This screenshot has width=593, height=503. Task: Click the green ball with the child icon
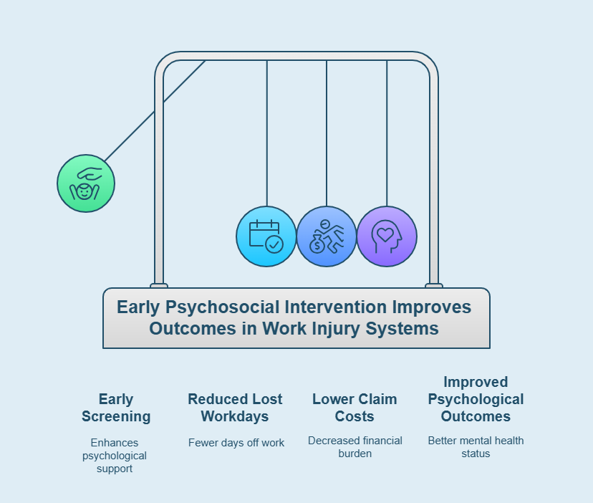[86, 183]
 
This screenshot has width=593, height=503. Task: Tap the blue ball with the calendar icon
[266, 236]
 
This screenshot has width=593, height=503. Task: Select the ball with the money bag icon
[327, 236]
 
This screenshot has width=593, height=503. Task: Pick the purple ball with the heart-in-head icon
[387, 236]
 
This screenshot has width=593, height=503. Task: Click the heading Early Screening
[116, 408]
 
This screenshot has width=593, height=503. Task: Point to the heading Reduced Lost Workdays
[235, 408]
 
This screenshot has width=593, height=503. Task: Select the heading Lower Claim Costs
[355, 408]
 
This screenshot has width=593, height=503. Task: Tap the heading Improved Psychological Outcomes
[476, 399]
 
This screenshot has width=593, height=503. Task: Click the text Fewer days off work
[236, 443]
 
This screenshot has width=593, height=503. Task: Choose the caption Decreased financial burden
[355, 446]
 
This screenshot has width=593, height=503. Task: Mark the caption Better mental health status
[476, 446]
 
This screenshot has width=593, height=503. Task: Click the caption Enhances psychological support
[115, 456]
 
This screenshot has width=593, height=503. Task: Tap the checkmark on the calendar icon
[274, 244]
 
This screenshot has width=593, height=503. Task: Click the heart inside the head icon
[385, 234]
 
